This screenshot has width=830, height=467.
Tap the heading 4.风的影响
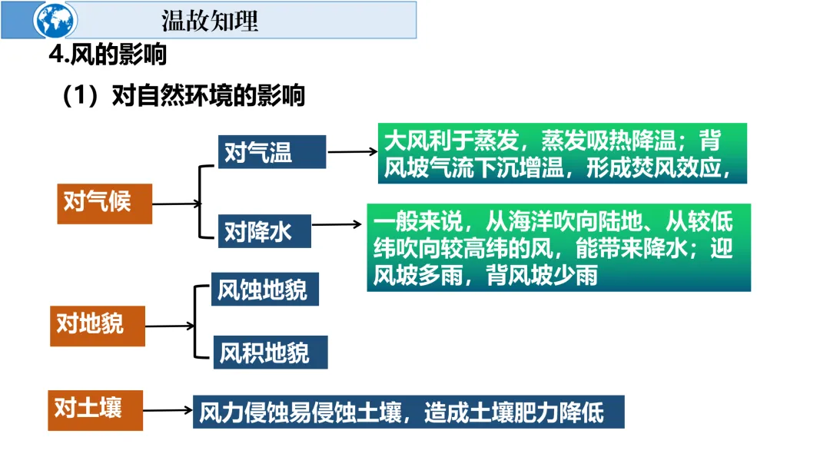pos(108,55)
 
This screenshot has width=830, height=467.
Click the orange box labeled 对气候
pos(105,203)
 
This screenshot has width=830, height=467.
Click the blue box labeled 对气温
pos(272,152)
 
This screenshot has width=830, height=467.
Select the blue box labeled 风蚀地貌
pos(264,290)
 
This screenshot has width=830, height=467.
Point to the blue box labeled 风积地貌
pos(270,353)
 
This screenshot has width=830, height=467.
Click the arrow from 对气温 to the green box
pos(351,152)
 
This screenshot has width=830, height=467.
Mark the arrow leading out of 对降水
pos(337,225)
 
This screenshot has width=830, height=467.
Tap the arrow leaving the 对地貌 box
pos(168,326)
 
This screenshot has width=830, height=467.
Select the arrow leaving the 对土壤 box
pos(168,410)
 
